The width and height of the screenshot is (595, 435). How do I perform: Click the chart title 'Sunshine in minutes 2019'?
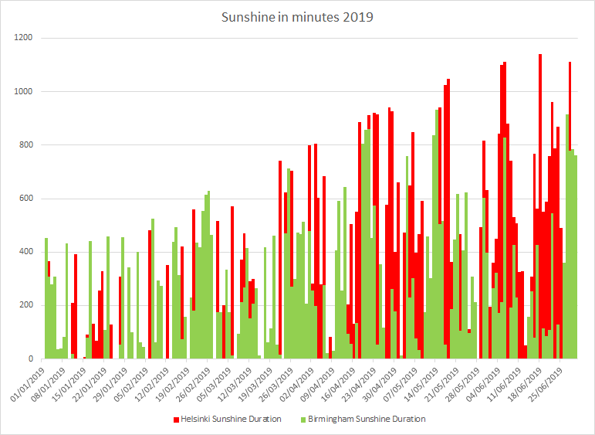(x=297, y=17)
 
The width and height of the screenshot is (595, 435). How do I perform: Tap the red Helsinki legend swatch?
(x=175, y=419)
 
